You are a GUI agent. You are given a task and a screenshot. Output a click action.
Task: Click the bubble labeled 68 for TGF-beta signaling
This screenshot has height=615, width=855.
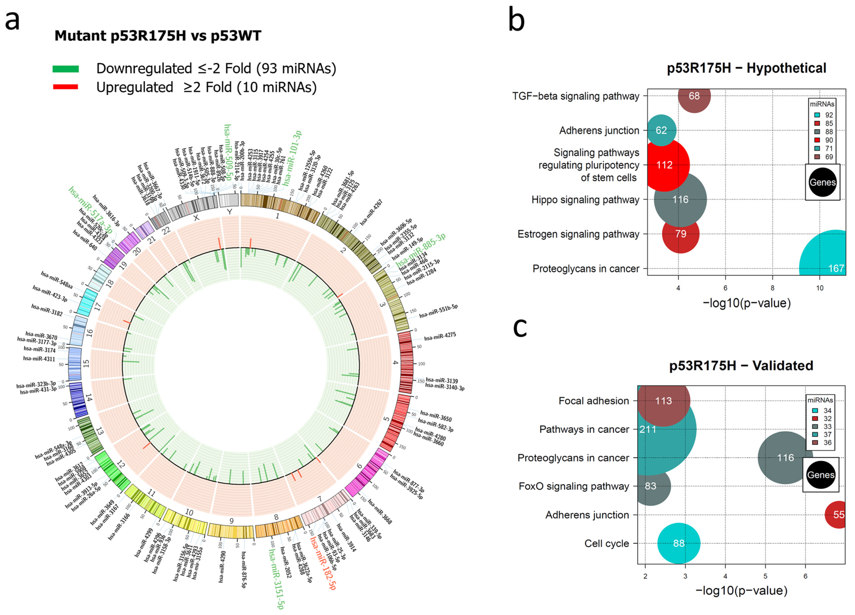pyautogui.click(x=694, y=96)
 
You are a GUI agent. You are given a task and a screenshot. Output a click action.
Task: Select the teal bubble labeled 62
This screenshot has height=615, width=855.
pyautogui.click(x=661, y=130)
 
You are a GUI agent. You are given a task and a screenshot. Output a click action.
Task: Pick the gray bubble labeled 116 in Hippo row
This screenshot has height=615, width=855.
pyautogui.click(x=680, y=200)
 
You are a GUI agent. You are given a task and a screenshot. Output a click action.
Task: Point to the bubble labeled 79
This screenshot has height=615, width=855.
pyautogui.click(x=680, y=234)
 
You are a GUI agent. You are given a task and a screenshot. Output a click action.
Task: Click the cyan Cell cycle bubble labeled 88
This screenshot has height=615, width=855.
pyautogui.click(x=679, y=543)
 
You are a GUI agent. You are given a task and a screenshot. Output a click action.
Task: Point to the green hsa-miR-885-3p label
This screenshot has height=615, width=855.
pyautogui.click(x=421, y=250)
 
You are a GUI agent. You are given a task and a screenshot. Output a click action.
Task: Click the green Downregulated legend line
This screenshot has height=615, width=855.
pyautogui.click(x=66, y=69)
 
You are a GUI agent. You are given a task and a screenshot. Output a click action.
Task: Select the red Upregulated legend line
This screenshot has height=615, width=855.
pyautogui.click(x=66, y=87)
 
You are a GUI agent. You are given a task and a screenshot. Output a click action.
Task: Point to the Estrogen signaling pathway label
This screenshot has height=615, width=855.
pyautogui.click(x=578, y=234)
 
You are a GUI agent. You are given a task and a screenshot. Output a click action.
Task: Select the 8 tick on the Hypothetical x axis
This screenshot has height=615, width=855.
pyautogui.click(x=772, y=288)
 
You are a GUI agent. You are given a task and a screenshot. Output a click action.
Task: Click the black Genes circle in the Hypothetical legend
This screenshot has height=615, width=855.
pyautogui.click(x=822, y=182)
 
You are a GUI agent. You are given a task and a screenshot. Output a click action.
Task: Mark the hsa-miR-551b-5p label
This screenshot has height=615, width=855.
pyautogui.click(x=438, y=311)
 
